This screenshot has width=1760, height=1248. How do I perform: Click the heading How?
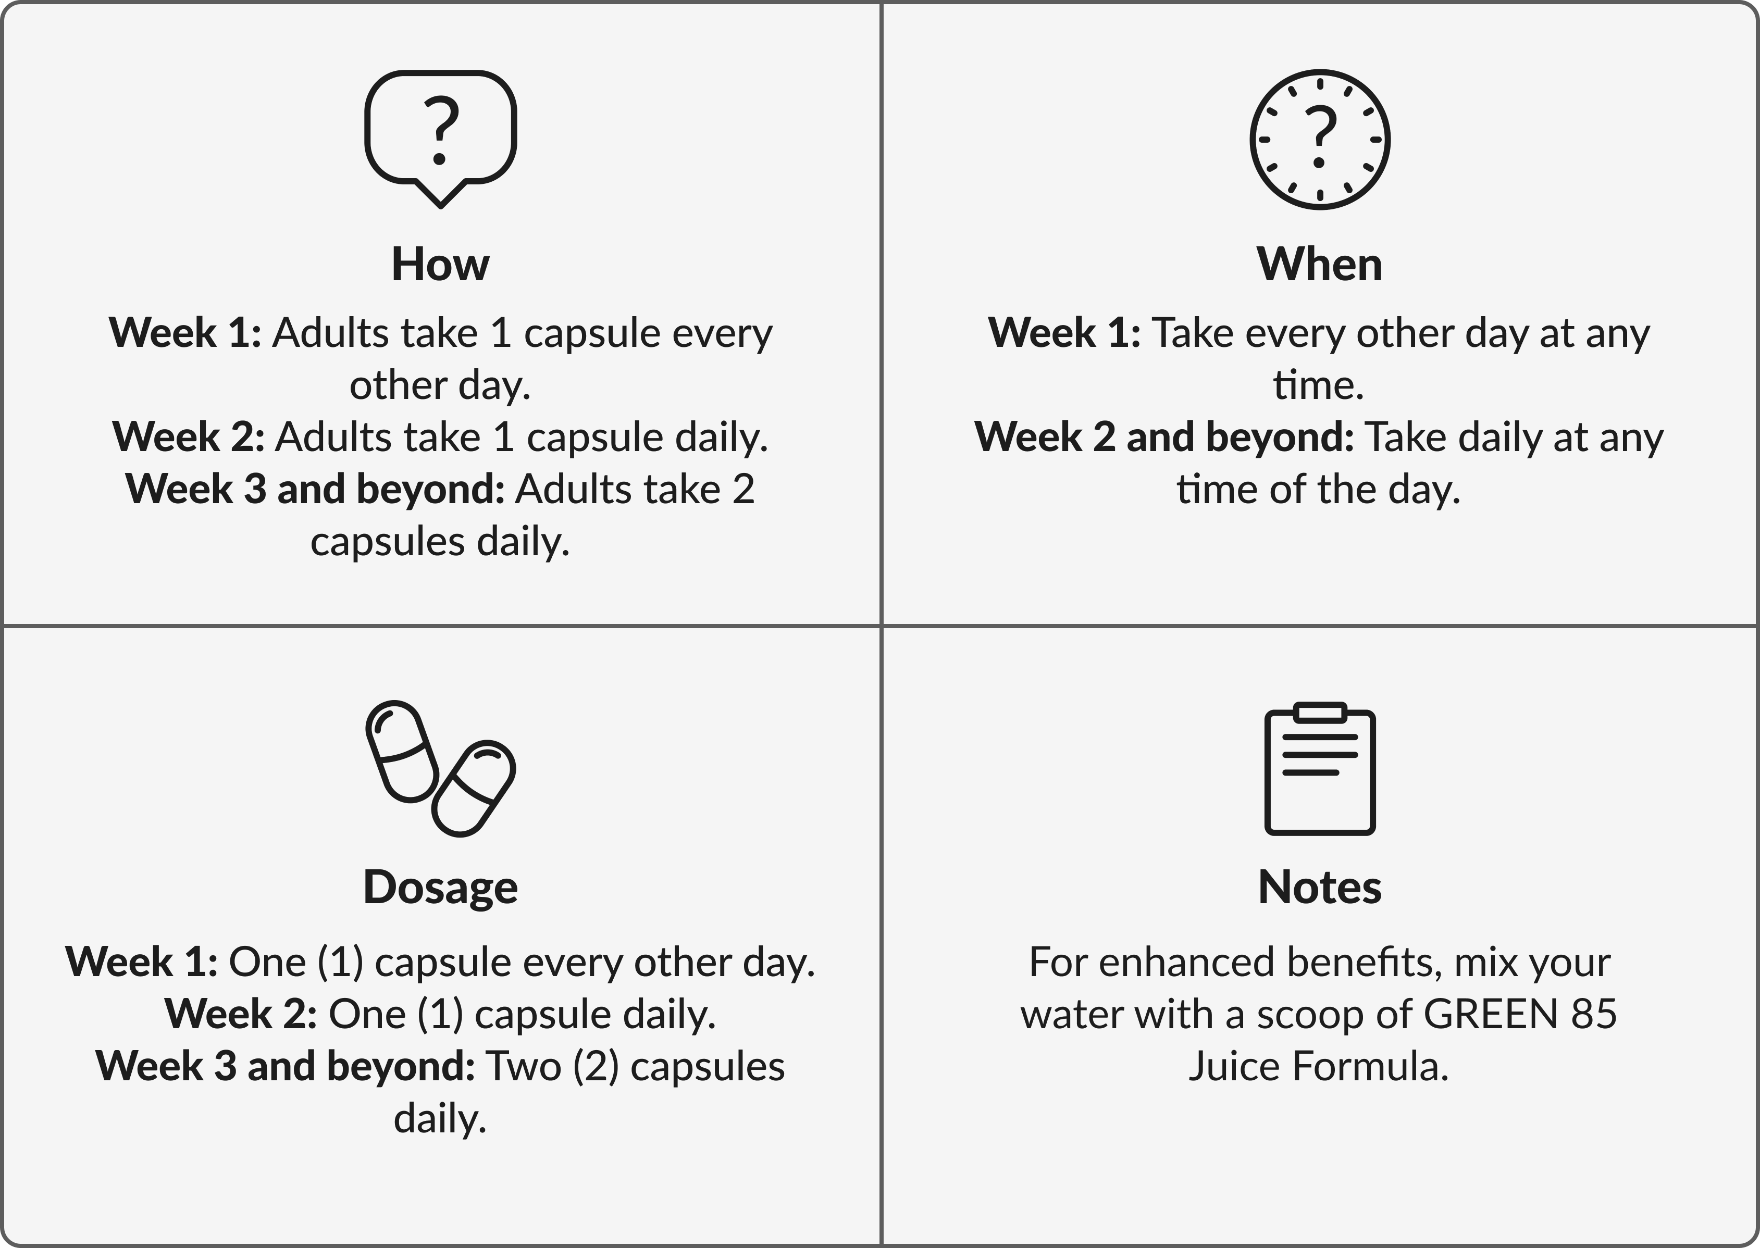(x=440, y=265)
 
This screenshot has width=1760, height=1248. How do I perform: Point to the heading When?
(x=1320, y=265)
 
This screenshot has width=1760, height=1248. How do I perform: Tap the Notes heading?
(x=1320, y=888)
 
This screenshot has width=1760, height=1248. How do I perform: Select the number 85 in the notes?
(x=1594, y=1014)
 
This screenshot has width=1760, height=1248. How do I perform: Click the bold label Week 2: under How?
(x=188, y=437)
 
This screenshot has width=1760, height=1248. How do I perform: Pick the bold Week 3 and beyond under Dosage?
(x=285, y=1067)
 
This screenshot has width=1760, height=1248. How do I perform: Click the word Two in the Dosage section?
(x=524, y=1067)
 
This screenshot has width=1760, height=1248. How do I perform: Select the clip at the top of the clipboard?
(x=1320, y=713)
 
